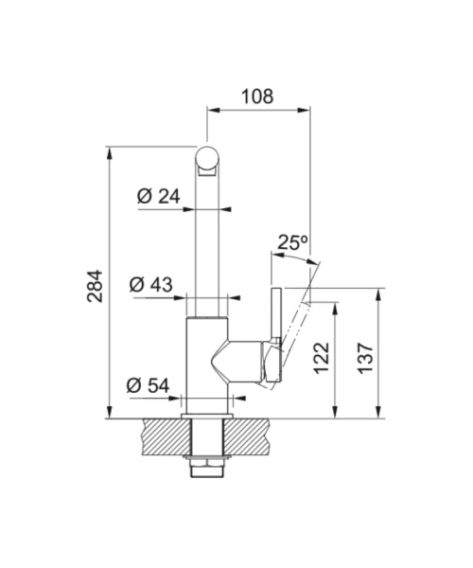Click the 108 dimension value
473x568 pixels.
coord(257,97)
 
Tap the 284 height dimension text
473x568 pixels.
coord(96,286)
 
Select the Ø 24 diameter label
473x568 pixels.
coord(159,196)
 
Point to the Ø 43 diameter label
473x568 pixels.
coord(151,285)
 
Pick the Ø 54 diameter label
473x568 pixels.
coord(148,385)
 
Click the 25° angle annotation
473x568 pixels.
coord(292,242)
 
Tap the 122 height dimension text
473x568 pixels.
coord(322,358)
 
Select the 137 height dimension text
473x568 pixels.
coord(365,358)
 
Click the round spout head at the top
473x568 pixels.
coord(207,158)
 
